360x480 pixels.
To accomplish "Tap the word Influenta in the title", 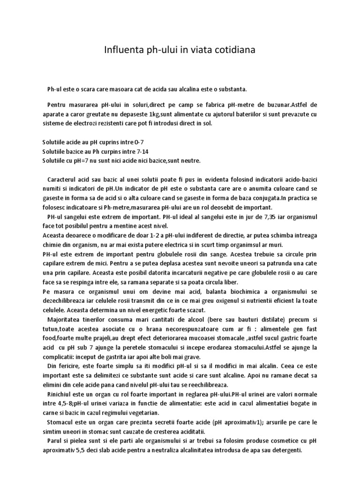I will click(x=124, y=50).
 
